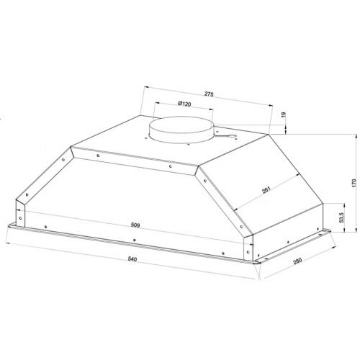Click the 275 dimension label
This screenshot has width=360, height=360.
pos(209,94)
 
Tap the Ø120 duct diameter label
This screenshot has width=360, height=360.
pos(184,104)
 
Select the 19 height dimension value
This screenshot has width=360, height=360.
pos(284,114)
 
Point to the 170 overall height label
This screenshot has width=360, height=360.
pos(354,183)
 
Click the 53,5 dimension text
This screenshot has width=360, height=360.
pos(342,217)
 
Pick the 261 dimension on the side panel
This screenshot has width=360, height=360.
pos(266,189)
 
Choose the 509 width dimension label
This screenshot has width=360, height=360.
pos(135,225)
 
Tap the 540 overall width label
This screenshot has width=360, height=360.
pos(132,259)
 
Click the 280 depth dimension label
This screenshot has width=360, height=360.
pos(297,261)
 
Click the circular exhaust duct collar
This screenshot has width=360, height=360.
pos(181,130)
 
